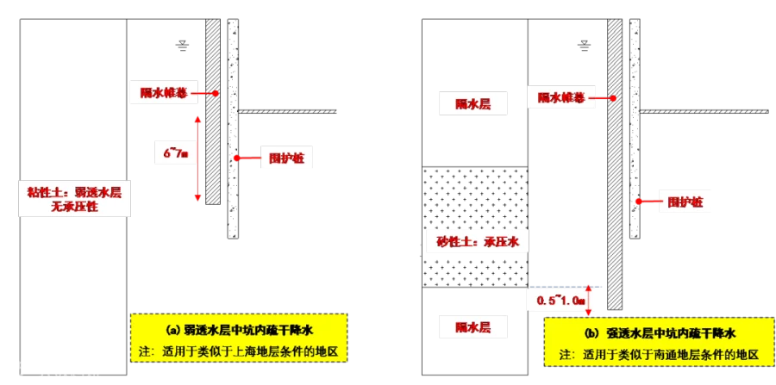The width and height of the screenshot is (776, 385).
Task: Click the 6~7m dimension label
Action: point(176,152)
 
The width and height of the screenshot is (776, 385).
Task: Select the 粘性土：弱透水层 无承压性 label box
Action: point(73,200)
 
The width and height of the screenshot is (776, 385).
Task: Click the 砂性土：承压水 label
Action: point(477,241)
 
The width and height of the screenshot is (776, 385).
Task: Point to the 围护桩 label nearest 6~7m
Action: point(287,158)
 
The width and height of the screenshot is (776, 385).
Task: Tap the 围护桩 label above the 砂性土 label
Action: point(685,202)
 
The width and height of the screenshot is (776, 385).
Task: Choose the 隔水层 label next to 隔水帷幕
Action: point(472,103)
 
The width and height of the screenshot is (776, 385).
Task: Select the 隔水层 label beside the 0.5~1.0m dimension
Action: point(472,327)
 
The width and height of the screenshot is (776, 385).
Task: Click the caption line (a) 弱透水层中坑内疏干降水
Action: point(240,330)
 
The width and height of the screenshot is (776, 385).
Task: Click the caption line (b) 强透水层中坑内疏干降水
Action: point(660,333)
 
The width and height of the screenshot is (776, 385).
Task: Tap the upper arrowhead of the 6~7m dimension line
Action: point(197,118)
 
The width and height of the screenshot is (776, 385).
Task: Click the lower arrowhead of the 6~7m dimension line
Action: point(197,200)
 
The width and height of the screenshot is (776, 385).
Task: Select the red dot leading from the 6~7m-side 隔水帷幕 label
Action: point(216,93)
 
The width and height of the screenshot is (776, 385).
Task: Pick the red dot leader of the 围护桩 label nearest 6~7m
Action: point(235,158)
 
